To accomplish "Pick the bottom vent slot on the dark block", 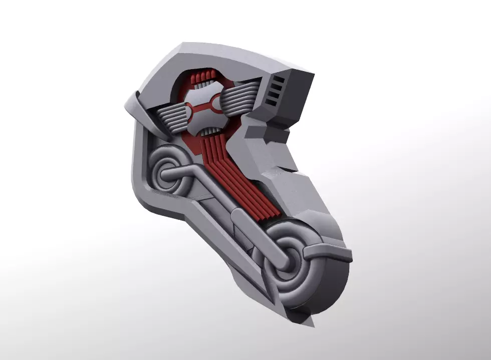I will point(272,102).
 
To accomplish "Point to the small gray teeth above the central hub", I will point(203,86).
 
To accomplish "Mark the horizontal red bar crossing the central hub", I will point(203,106).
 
